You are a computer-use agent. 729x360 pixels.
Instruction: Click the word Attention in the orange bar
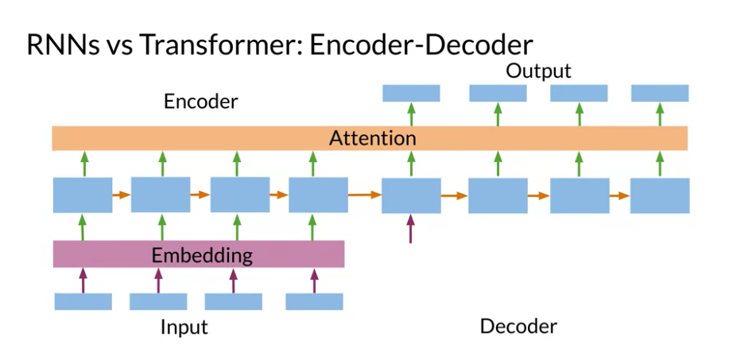click(x=372, y=138)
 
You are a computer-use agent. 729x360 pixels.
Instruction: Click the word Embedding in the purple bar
click(x=202, y=255)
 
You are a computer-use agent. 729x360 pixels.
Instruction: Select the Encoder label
click(x=201, y=102)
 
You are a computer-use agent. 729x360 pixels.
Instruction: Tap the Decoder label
click(x=518, y=327)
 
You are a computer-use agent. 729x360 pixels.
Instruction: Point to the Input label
click(x=184, y=327)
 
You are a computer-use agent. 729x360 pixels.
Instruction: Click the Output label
click(x=538, y=72)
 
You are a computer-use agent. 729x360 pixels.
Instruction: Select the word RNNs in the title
click(x=62, y=45)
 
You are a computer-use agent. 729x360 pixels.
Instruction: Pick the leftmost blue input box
click(x=83, y=301)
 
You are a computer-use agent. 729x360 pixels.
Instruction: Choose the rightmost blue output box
click(x=660, y=93)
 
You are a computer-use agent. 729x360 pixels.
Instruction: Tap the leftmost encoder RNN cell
click(x=83, y=195)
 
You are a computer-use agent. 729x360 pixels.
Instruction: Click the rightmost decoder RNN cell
click(x=660, y=195)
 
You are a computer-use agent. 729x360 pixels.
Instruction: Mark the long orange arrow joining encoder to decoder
click(x=364, y=195)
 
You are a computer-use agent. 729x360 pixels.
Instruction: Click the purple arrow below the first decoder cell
click(x=410, y=229)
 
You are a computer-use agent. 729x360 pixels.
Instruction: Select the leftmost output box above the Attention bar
click(x=411, y=93)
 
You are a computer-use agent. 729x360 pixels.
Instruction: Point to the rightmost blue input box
click(x=314, y=301)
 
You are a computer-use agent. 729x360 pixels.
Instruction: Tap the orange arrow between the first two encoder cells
click(x=122, y=195)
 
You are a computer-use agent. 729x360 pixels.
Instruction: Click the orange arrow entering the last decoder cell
click(x=620, y=195)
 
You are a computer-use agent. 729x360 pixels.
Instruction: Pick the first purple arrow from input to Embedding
click(x=83, y=280)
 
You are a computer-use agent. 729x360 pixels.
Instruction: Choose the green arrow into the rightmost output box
click(x=660, y=114)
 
